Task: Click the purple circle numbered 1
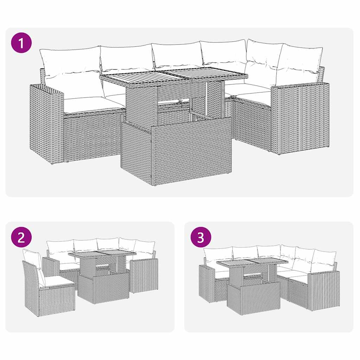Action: click(21, 43)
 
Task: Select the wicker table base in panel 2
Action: click(103, 288)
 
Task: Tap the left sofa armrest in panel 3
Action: click(206, 283)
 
